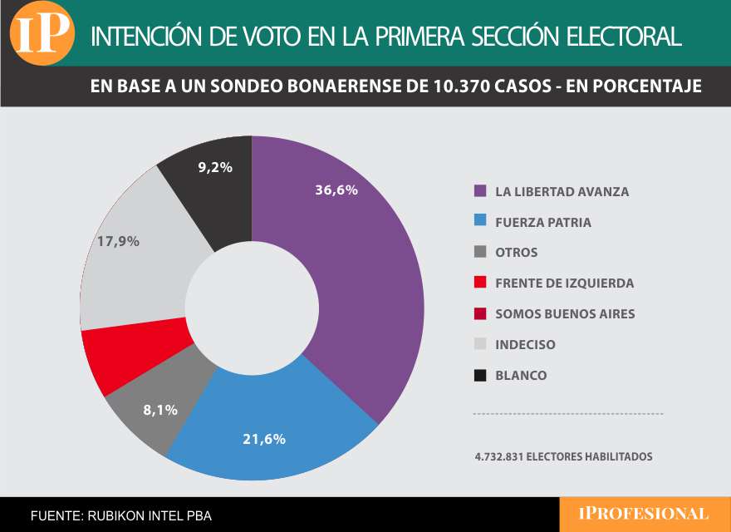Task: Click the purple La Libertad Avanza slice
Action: coord(365,274)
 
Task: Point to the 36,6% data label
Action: coord(336,190)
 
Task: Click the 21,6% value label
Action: coord(264,439)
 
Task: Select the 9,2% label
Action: coord(214,166)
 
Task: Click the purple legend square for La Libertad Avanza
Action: coord(479,191)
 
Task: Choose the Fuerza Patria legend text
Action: coord(543,223)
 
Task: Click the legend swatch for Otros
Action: coord(479,253)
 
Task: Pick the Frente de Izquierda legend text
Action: coord(564,283)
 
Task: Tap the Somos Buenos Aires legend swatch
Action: coord(479,313)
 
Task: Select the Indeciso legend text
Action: coord(525,344)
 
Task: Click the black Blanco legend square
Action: coord(479,375)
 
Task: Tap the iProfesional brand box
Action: coord(644,515)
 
